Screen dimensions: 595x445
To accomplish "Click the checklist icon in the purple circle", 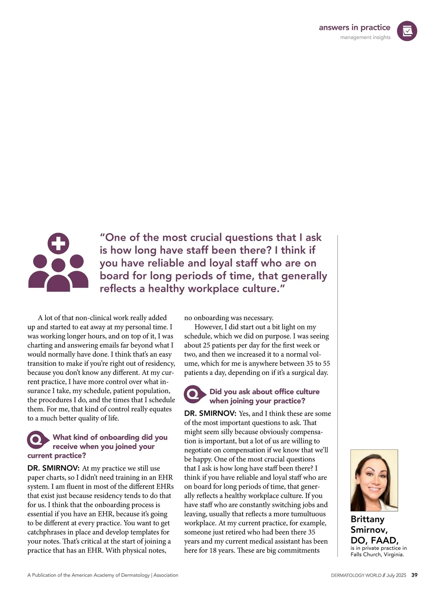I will [407, 31].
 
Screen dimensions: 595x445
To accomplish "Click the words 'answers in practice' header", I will [354, 27].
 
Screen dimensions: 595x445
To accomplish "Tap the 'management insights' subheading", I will [365, 37].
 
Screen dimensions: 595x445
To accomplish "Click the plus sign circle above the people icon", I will [59, 243].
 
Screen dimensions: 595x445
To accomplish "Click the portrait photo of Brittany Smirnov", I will [374, 480].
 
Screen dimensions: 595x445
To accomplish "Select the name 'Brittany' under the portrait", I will [367, 519].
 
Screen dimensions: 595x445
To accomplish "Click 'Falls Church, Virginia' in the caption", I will [377, 555].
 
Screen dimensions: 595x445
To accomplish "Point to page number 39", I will [414, 575].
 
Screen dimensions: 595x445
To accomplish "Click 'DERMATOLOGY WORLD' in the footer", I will [356, 575].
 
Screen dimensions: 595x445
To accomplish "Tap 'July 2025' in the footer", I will [396, 575].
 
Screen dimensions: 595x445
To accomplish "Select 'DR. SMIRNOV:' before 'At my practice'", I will [53, 468].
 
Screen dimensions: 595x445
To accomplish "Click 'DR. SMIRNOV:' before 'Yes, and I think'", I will [210, 413].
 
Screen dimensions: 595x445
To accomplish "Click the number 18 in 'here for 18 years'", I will [213, 551].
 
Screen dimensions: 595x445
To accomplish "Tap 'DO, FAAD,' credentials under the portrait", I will [374, 540].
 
